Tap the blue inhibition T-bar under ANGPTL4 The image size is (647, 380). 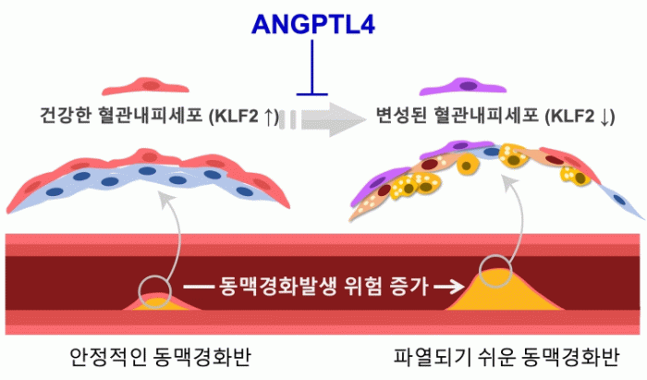tap(315, 91)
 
